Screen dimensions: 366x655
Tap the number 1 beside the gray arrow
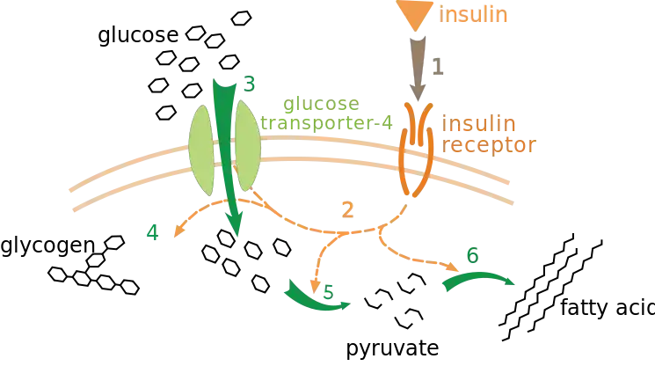[436, 66]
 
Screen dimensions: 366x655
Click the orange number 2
[348, 209]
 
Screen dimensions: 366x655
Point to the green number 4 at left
[153, 235]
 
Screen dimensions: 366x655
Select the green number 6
[471, 258]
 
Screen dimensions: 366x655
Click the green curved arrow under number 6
[479, 278]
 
